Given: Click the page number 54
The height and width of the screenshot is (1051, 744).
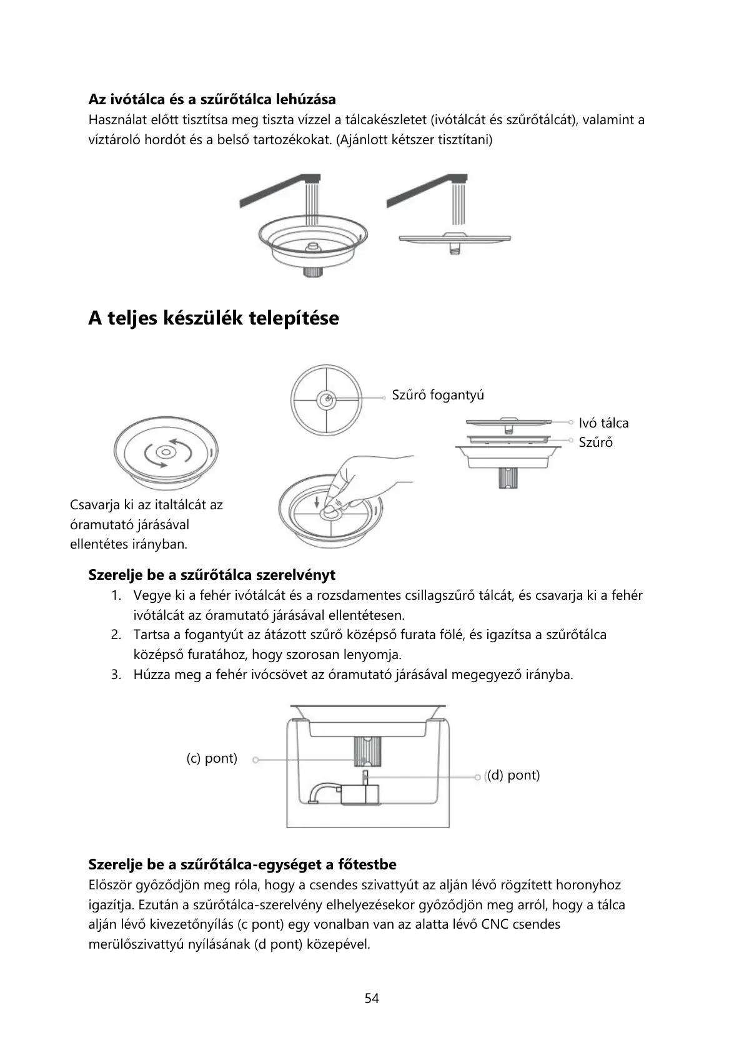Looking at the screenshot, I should [372, 998].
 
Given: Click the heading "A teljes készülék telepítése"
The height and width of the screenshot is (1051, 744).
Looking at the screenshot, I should [214, 318].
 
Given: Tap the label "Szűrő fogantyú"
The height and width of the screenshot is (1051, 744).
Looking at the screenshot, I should [438, 395].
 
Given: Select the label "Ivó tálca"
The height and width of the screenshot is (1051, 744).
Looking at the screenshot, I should [603, 423].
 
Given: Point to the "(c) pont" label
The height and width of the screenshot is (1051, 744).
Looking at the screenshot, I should [212, 758].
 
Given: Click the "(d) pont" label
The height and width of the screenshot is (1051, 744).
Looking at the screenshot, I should [513, 775].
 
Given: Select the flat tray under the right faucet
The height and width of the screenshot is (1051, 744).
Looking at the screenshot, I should [455, 238].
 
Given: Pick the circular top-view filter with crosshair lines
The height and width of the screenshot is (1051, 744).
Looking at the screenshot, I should [326, 400].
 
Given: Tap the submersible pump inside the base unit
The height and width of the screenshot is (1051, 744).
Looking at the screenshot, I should [359, 793].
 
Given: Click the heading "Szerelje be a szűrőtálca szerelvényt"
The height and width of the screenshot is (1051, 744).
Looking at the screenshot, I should [212, 575].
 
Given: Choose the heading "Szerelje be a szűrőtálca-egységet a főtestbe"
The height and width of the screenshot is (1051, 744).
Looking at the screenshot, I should [242, 864].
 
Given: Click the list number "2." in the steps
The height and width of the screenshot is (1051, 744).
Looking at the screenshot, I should [116, 635].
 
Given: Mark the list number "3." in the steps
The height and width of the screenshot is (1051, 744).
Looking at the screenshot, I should [116, 675].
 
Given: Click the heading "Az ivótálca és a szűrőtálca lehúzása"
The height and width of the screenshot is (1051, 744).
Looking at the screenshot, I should [212, 99].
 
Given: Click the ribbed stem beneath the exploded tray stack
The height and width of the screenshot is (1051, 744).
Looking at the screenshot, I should [508, 478].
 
